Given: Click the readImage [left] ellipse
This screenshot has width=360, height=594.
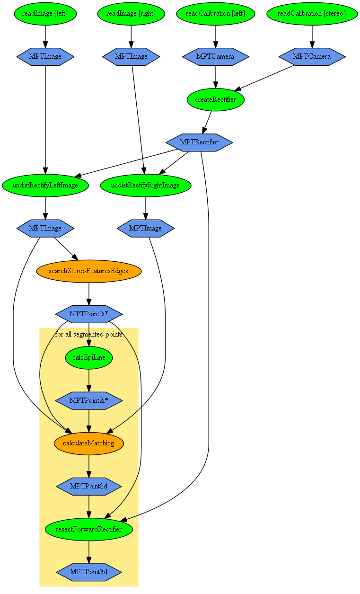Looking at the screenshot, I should coord(45,14).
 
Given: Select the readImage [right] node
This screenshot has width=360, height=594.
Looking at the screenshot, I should coord(131,14).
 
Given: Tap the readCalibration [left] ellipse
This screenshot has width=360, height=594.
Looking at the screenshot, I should coord(216,14).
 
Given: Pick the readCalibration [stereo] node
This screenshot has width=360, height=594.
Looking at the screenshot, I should coord(311,14).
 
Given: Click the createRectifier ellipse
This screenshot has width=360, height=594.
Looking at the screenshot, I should coord(216,99).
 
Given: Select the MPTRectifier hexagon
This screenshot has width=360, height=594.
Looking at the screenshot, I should coord(199,142).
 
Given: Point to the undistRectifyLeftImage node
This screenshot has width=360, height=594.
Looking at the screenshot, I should coord(45,185).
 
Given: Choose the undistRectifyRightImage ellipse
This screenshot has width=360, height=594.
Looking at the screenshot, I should coord(145,185).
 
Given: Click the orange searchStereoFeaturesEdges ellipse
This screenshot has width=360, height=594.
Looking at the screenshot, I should coord(89,271).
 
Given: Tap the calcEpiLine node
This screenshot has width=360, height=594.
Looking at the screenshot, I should coord(89,357).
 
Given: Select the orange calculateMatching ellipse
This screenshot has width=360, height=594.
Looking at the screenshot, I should coord(89,443).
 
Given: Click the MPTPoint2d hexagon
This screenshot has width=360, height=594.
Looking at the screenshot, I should coord(89,486).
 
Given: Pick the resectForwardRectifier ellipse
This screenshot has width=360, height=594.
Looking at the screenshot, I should coord(89,529).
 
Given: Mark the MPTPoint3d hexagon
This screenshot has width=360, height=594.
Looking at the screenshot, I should coord(89,572).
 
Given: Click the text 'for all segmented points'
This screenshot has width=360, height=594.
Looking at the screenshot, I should coord(89,335).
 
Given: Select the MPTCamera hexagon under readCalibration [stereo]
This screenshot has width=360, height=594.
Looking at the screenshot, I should coord(312,57).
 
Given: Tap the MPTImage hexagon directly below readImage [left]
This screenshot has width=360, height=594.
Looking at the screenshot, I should coord(45,57).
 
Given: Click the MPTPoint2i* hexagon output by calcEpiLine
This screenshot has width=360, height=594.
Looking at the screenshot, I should coord(89,400).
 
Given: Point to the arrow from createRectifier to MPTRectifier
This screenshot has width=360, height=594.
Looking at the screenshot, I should coord(207,122).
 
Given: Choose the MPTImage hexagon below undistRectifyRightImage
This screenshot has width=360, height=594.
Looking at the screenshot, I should coord(146,228).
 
